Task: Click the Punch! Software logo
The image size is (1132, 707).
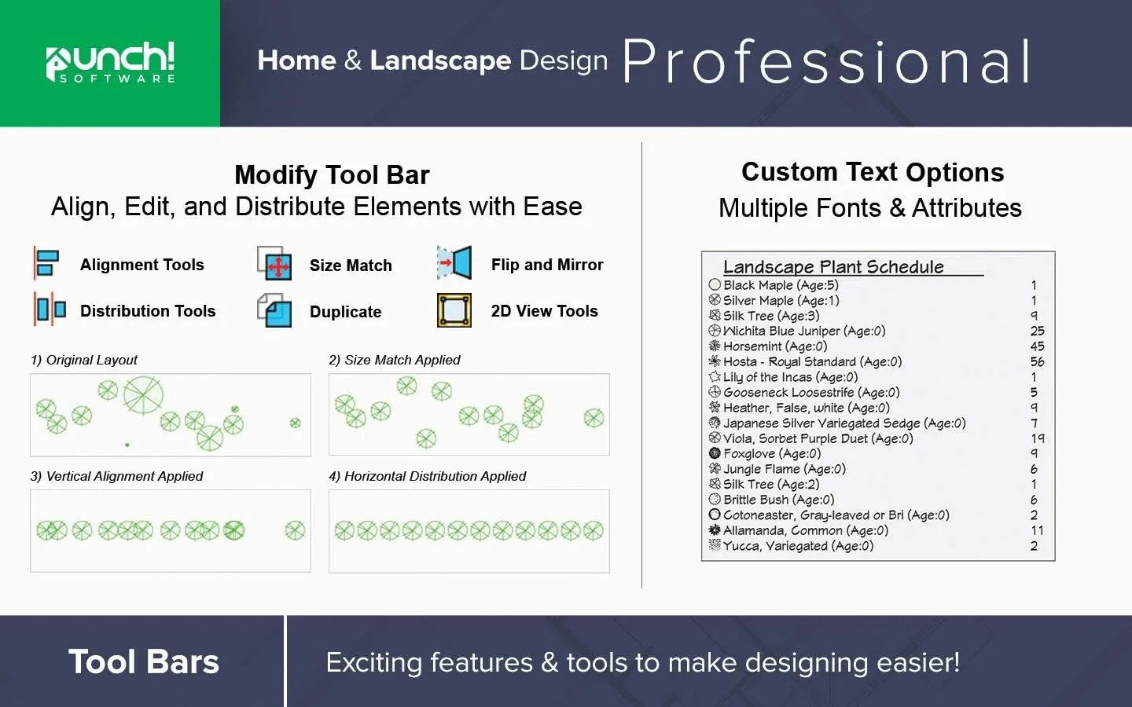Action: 110,62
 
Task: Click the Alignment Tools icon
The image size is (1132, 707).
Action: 46,263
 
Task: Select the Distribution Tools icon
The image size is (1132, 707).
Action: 50,309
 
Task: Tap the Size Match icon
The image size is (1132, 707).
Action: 275,264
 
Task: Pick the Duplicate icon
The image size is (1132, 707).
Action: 275,310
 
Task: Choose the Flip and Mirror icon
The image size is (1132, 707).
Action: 454,263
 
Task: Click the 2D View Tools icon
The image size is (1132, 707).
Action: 454,310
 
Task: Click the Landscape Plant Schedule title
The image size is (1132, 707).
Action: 833,267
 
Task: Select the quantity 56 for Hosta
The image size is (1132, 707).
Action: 1037,362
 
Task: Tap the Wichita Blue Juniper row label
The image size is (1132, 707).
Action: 803,332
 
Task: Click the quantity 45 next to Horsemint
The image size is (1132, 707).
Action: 1037,346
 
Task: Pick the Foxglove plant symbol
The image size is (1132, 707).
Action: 715,453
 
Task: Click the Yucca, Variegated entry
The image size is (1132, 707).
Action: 797,546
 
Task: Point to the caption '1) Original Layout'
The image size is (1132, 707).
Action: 84,360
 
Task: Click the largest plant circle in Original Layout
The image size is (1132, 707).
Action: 143,394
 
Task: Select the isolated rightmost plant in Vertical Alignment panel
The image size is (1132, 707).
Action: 295,531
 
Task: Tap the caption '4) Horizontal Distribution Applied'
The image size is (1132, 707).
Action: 427,476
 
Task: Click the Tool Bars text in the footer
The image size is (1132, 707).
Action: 143,661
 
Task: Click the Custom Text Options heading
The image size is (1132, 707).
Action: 873,172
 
